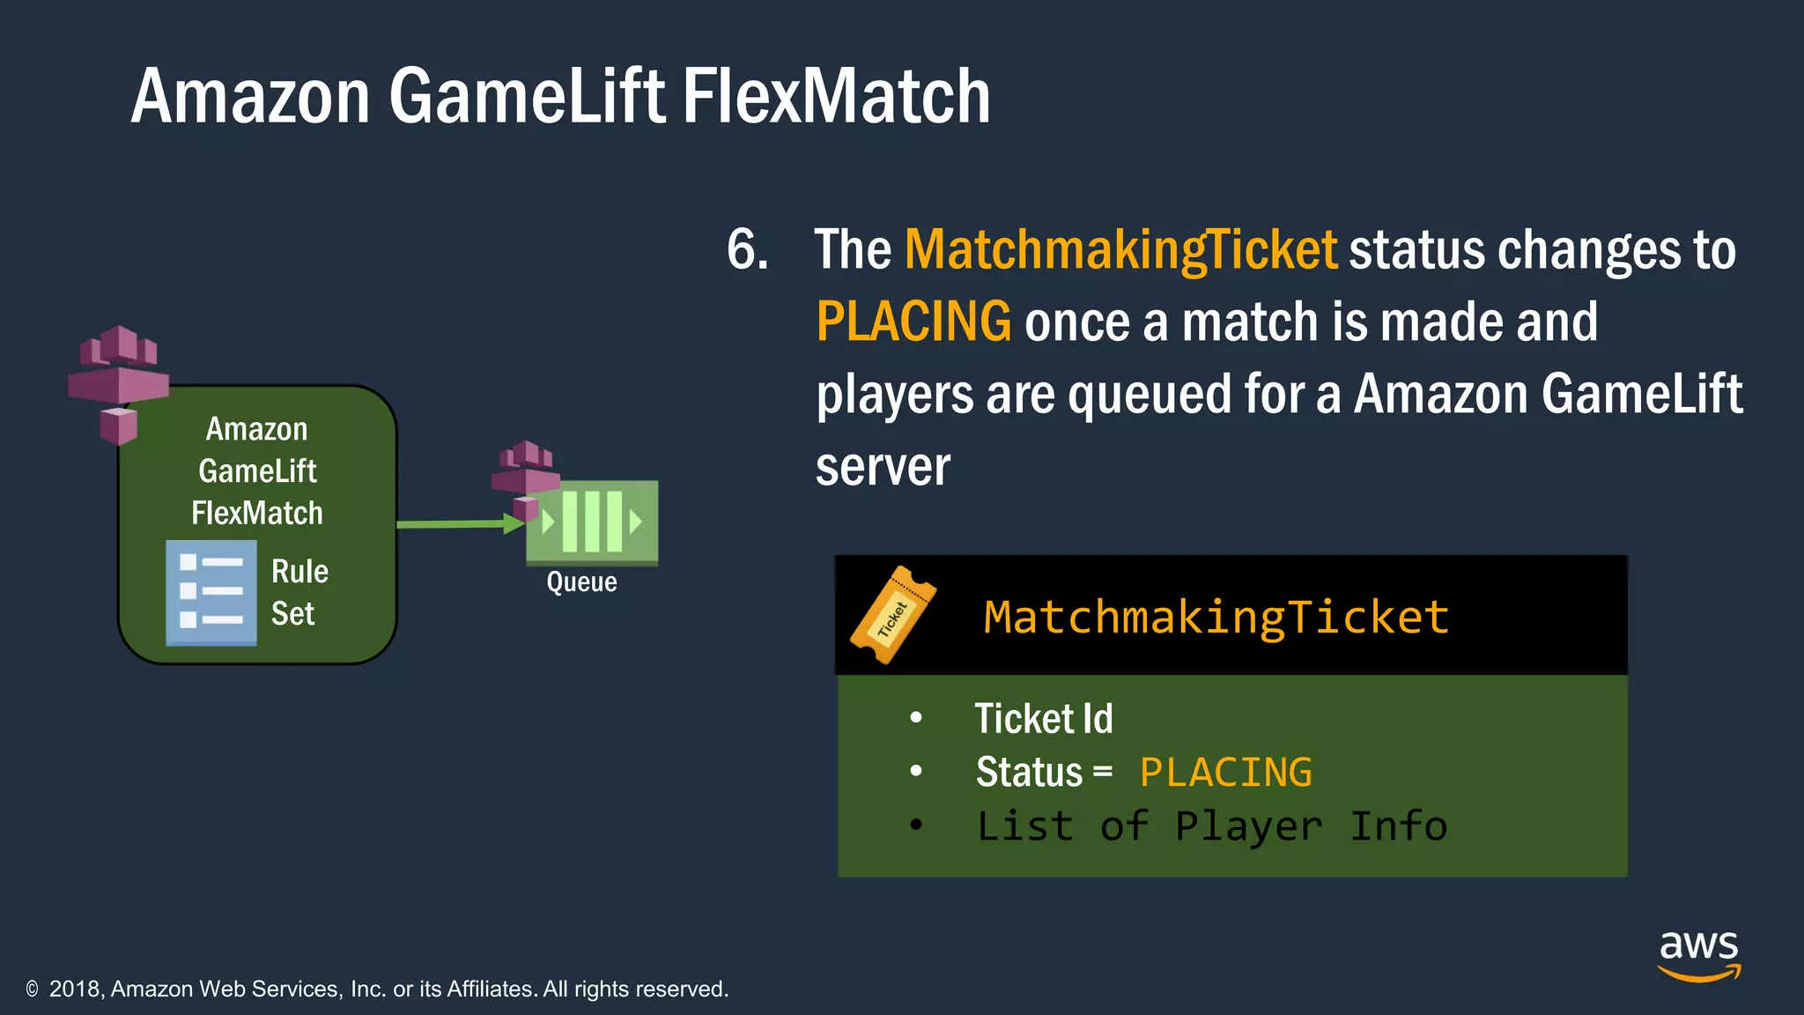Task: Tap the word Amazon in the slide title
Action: point(250,96)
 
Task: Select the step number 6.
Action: point(746,249)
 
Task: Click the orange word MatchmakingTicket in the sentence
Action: point(1120,250)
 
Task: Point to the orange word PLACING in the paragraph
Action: point(913,322)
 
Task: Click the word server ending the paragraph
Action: point(883,467)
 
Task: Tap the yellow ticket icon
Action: point(892,615)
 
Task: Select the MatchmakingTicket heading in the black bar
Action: point(1216,617)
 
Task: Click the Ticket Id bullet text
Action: point(1043,719)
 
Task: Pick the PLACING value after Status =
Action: point(1225,773)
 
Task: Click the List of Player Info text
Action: point(1211,826)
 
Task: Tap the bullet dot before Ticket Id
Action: point(916,718)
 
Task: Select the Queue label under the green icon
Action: point(581,582)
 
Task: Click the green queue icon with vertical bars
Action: point(593,522)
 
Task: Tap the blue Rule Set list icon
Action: point(211,592)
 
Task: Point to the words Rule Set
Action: point(299,592)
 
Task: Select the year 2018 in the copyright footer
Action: point(77,989)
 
